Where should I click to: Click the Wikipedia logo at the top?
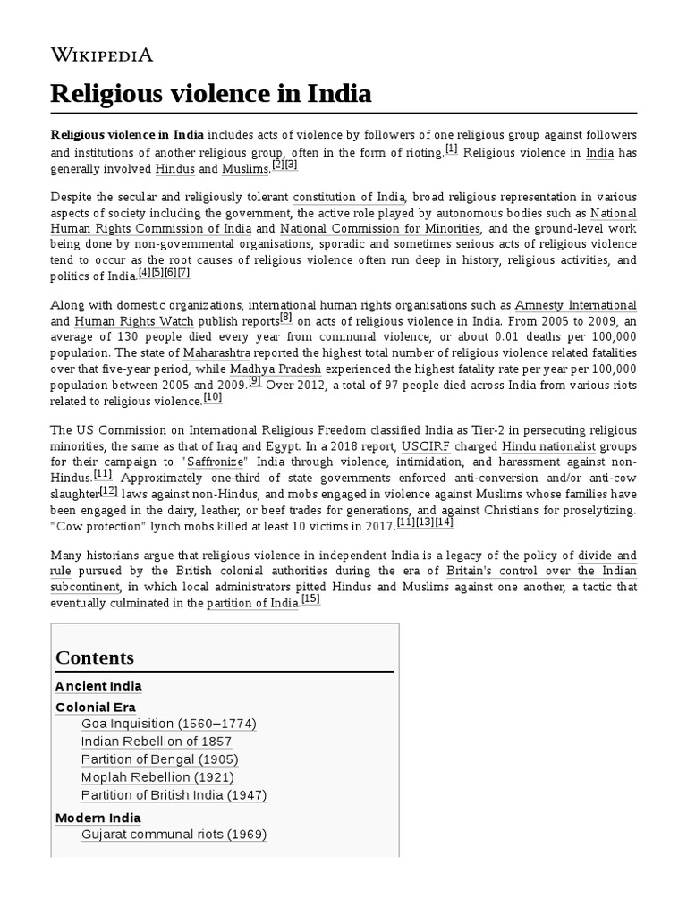(102, 55)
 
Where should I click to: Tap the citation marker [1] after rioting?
(451, 148)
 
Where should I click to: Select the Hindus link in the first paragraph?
(174, 169)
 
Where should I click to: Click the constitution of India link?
(349, 197)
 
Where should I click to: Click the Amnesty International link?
(576, 305)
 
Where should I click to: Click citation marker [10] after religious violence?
(213, 396)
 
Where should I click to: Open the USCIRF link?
(426, 445)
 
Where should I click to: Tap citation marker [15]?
(310, 599)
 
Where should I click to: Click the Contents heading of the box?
(95, 657)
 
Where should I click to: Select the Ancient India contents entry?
(98, 686)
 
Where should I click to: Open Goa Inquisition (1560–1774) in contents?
(168, 723)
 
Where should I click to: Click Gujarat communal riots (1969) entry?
(174, 835)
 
